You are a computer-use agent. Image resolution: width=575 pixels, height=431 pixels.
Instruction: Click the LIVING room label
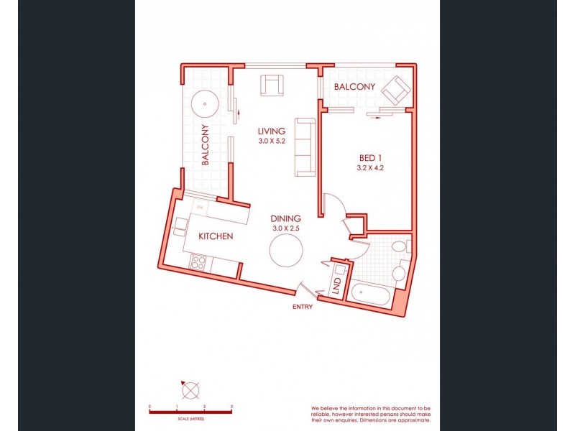[x=272, y=131]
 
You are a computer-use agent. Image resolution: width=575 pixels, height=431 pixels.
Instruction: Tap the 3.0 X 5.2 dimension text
[x=272, y=142]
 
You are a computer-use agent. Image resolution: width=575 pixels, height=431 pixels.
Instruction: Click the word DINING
[x=285, y=218]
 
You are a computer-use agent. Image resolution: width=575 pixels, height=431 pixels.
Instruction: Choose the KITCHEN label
[x=216, y=236]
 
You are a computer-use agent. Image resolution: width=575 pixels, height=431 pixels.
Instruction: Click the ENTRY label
[x=302, y=307]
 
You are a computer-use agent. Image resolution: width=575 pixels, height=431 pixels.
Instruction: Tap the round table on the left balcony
[x=206, y=104]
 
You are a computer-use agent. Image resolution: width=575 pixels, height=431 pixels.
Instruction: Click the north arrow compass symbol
[x=191, y=391]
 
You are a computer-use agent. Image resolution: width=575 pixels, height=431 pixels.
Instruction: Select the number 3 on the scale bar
[x=231, y=407]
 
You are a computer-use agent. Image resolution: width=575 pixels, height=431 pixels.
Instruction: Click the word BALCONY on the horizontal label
[x=354, y=86]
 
